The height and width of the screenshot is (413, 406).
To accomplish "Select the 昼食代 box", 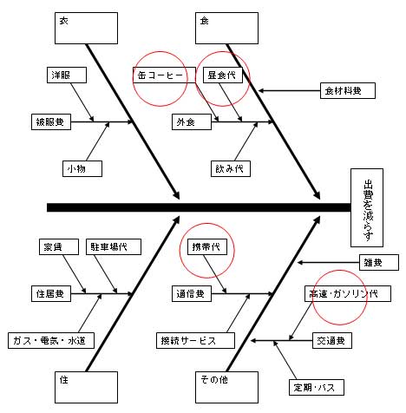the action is click(223, 75).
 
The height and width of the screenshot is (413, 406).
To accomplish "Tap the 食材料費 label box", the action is click(348, 91).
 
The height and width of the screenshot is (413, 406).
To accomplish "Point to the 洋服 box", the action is click(67, 75).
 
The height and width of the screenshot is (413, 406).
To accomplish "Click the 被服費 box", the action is click(51, 122).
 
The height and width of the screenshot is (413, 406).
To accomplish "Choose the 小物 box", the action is click(82, 169).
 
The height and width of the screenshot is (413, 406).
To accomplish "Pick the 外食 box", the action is click(192, 122).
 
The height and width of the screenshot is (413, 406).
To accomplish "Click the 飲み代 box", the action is click(231, 169).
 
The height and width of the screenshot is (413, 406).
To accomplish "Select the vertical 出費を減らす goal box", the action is click(367, 207).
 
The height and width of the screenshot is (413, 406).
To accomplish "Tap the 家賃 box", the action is click(59, 247).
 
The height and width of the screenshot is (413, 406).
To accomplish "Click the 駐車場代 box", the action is click(114, 247).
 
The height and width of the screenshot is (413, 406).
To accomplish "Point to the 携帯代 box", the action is click(207, 247).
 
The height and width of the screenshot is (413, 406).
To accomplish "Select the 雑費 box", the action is click(379, 263).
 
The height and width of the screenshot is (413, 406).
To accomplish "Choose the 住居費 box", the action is click(51, 294).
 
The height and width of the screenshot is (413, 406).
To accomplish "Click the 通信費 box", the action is click(192, 294).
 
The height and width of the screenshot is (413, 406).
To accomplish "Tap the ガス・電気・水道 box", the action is click(51, 341).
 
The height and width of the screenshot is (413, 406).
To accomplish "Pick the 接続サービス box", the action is click(195, 341).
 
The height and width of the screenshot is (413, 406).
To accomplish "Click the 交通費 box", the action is click(332, 341).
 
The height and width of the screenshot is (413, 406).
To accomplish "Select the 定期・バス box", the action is click(317, 388).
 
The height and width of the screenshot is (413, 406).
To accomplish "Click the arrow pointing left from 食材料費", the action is click(289, 91).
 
